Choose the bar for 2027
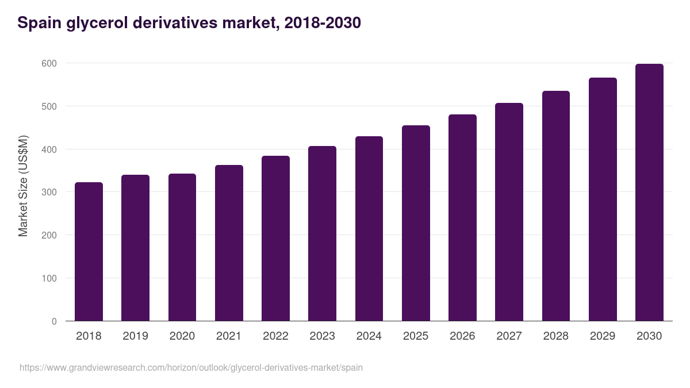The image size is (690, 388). pos(509,212)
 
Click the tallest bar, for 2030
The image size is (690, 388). pos(649,193)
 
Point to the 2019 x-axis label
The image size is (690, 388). pos(135,336)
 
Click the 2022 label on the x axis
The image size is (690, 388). pos(275,336)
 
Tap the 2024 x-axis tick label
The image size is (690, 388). pos(369,336)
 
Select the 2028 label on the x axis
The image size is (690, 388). pos(555,336)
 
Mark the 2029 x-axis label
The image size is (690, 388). pos(602,336)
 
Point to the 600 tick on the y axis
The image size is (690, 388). pos(50,63)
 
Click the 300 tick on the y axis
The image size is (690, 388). pos(50,192)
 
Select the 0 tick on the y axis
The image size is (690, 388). pos(54,321)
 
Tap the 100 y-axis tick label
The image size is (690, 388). pos(50,278)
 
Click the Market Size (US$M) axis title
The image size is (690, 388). pos(23,186)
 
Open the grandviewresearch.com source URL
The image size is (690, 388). pos(191,367)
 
